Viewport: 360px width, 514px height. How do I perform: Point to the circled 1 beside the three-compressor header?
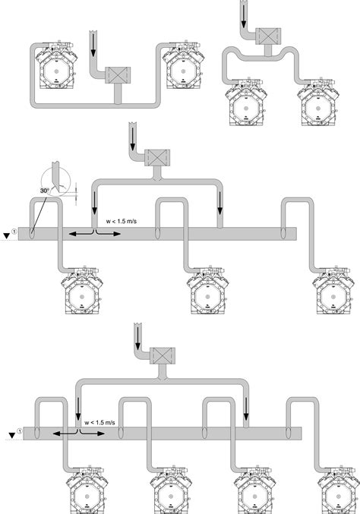click(15, 232)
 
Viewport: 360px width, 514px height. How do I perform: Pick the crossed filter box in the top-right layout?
click(268, 36)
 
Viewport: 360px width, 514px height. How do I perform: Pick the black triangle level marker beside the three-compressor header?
click(6, 232)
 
